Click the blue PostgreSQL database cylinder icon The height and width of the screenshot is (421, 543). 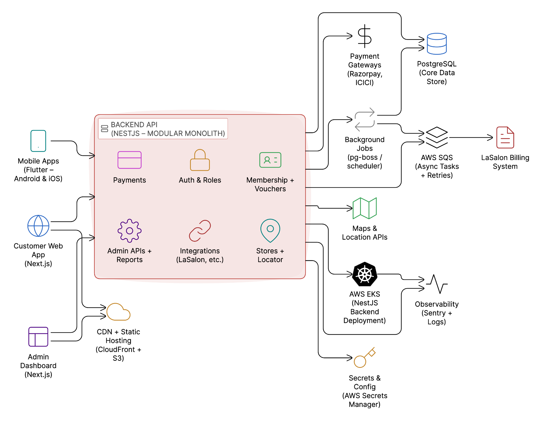[437, 44]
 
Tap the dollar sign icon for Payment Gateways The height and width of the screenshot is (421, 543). [365, 36]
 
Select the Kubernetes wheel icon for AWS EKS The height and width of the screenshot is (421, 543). [365, 274]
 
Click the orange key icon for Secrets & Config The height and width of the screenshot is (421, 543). [364, 358]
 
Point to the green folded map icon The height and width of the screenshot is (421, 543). [365, 208]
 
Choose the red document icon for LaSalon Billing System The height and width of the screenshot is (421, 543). [505, 137]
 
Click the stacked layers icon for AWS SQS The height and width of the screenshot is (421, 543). [437, 137]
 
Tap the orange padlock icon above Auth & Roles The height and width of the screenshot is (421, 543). [200, 160]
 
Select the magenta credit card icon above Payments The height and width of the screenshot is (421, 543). [130, 160]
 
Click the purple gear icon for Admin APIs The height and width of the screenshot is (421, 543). [130, 231]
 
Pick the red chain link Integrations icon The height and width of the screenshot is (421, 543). [200, 231]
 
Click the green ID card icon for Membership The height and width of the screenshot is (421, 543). [270, 160]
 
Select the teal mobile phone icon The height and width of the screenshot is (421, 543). [38, 141]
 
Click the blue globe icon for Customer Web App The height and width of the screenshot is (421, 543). [38, 226]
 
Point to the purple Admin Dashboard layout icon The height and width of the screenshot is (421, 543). [38, 336]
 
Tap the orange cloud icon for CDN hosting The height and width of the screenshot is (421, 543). [118, 312]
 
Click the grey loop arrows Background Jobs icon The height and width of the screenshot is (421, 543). [365, 119]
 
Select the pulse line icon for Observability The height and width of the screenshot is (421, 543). [437, 284]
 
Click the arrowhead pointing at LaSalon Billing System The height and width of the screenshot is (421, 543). [490, 137]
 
